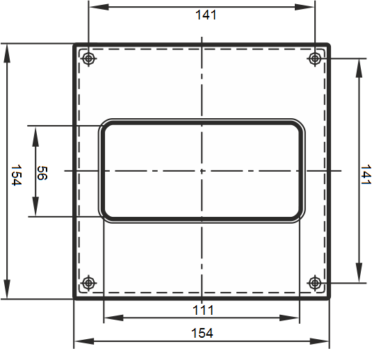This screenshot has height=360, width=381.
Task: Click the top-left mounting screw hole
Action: point(88,58)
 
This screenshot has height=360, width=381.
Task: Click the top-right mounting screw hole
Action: point(315,58)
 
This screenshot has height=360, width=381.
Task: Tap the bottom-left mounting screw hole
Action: point(88,283)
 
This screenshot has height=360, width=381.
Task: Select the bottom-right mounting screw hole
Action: point(315,283)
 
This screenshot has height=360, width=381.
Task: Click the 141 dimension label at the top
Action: point(206,15)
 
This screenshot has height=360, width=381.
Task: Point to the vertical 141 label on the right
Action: point(366,174)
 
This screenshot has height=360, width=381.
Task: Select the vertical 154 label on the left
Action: point(17,175)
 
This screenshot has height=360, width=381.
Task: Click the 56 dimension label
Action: point(42,173)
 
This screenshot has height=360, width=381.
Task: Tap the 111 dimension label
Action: point(203,310)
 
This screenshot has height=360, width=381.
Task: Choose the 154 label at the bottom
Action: point(202,333)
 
